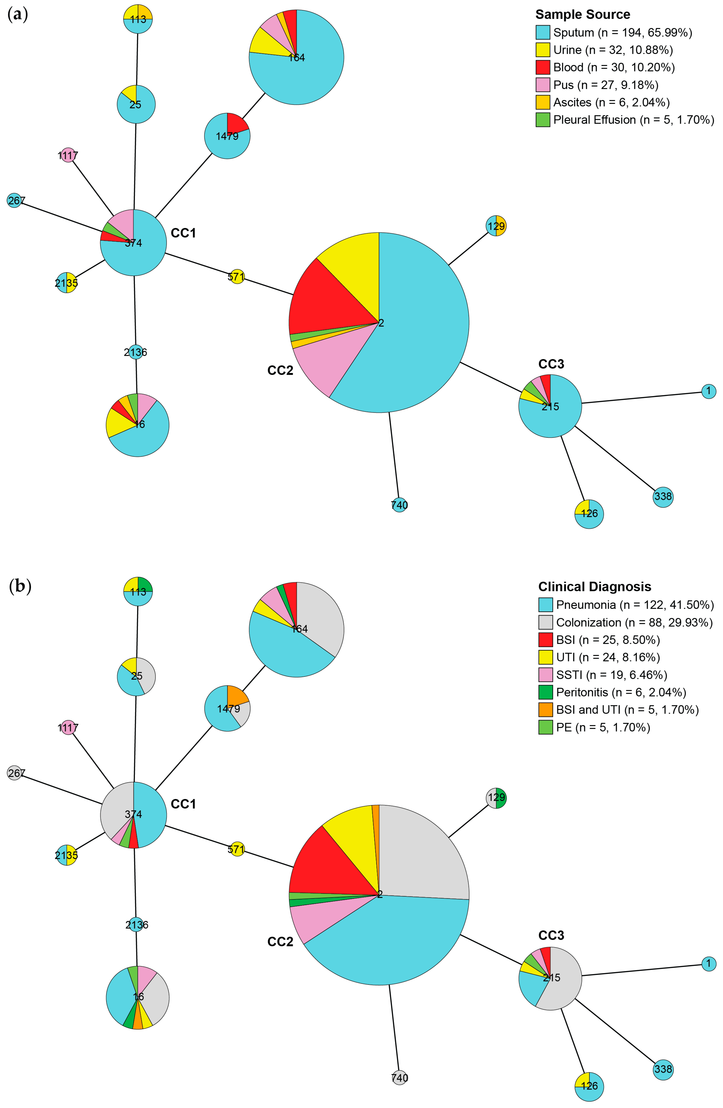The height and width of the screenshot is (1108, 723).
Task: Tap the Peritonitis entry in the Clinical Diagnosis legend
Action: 621,692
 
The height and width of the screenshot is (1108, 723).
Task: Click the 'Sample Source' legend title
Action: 582,14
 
